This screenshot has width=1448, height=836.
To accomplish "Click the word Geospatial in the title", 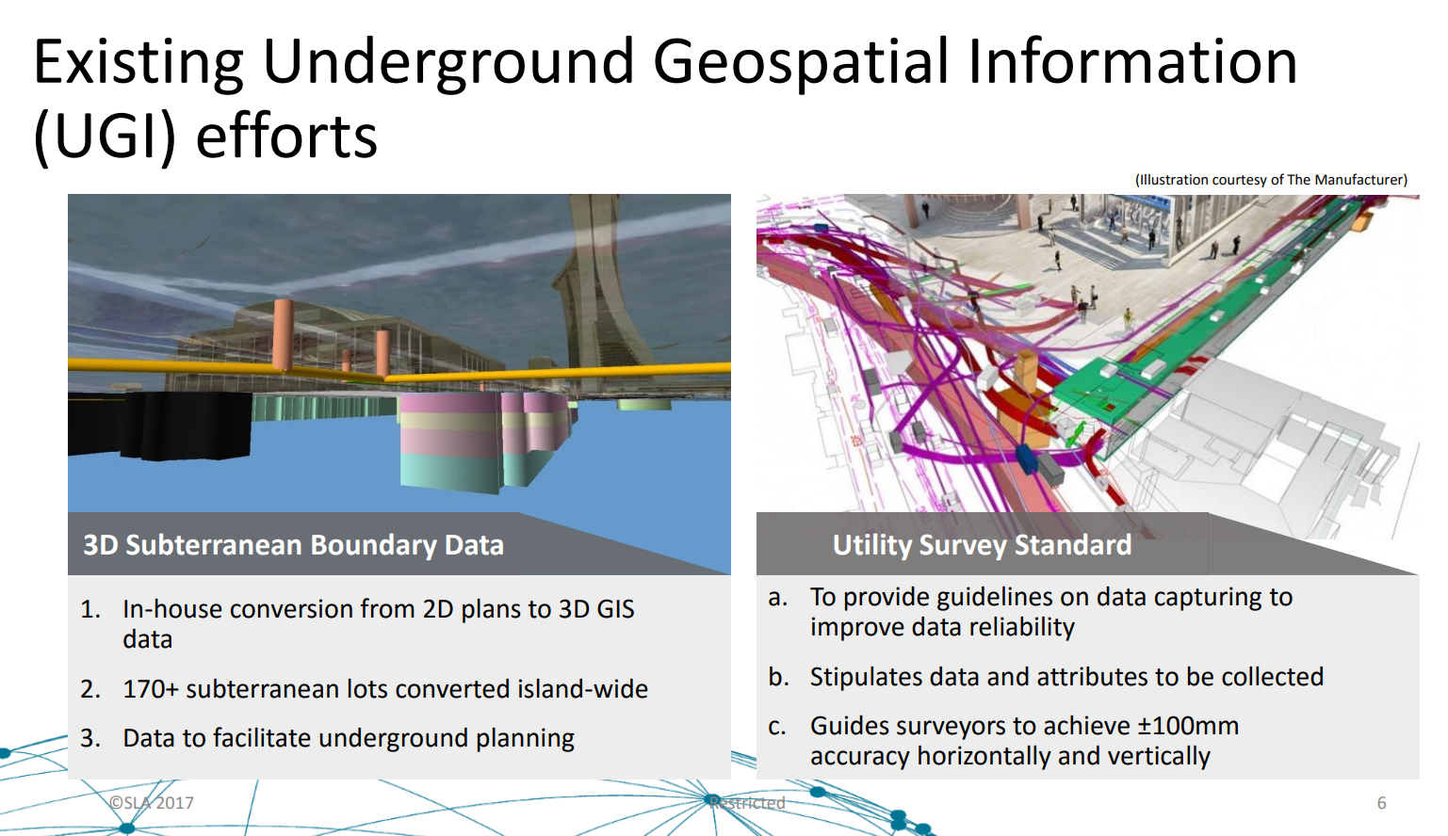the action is point(801,63).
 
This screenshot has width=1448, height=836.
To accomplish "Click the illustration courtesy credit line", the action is point(1271,180).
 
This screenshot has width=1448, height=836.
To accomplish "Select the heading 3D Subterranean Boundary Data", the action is point(294,545).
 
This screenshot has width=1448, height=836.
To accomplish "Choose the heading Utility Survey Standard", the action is point(982,545).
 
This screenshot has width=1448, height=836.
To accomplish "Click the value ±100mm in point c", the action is point(1188,726).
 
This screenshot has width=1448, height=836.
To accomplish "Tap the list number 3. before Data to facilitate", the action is point(90,738).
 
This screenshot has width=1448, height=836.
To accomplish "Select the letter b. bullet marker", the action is point(778,677).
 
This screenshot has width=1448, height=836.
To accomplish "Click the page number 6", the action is point(1381,803).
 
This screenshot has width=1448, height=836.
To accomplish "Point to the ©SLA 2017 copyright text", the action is point(152,802).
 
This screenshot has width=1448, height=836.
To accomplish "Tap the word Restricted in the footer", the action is point(747,802).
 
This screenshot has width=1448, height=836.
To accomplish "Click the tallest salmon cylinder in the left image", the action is point(284,334).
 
